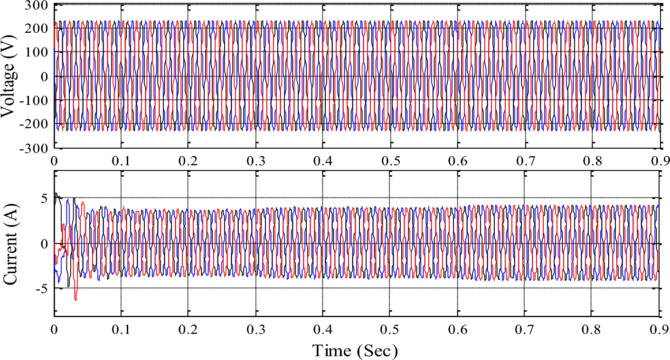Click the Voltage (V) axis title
point(10,76)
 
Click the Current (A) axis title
point(10,244)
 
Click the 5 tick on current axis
point(44,199)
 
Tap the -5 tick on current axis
point(41,288)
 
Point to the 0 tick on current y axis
point(44,244)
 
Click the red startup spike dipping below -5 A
point(75,298)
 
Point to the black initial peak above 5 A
point(56,194)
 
